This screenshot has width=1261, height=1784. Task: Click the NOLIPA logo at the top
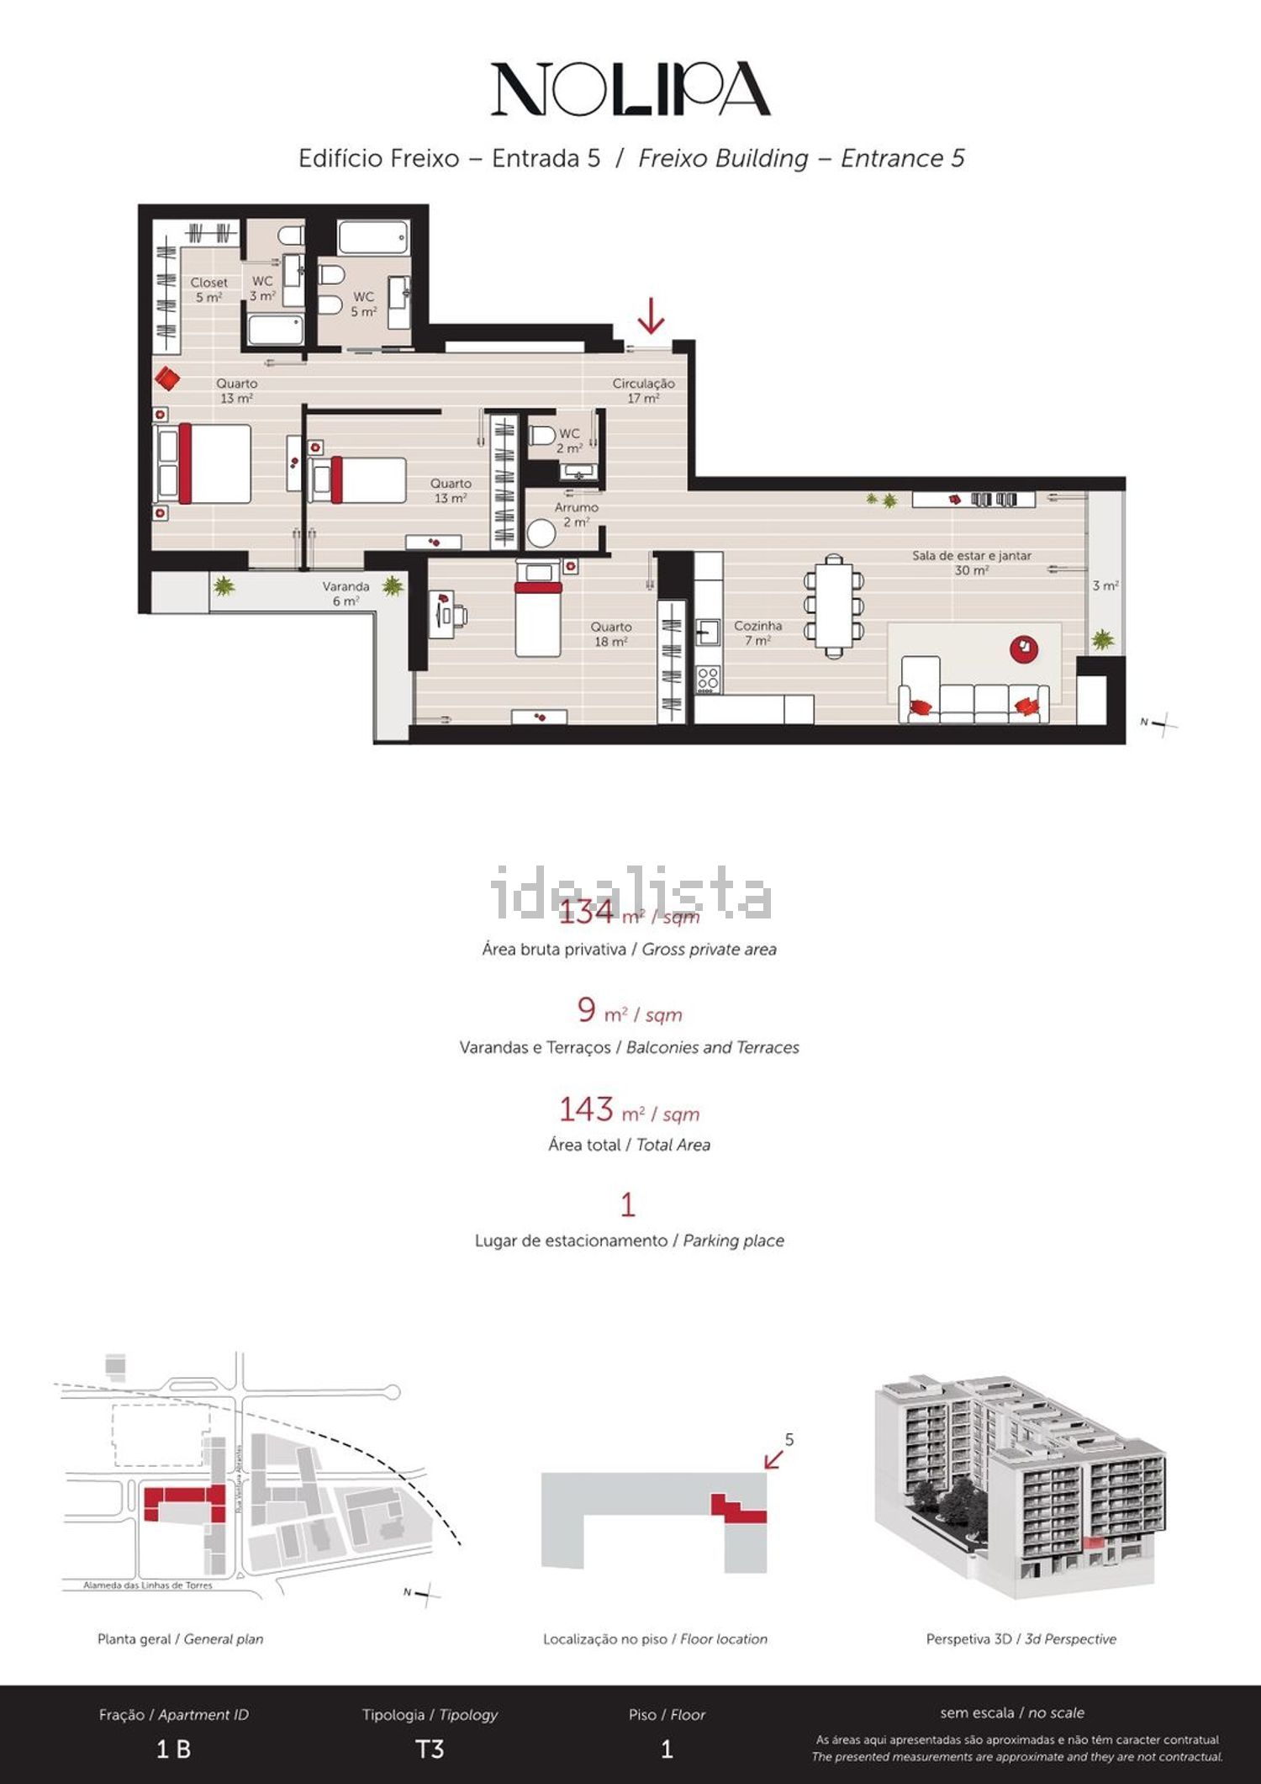pos(630,88)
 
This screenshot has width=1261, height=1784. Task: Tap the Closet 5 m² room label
pos(208,289)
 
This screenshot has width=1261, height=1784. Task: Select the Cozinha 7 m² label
pos(757,633)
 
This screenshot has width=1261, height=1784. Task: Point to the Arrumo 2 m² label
pos(576,514)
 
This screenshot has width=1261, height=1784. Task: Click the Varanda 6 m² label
pos(346,593)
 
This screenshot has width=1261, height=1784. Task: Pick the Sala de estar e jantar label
pos(971,562)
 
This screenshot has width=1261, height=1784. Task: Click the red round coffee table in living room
pos(1024,648)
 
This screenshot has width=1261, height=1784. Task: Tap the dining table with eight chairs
pos(833,605)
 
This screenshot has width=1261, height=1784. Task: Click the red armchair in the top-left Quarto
pos(167,379)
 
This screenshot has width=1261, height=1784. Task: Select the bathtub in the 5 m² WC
pos(373,238)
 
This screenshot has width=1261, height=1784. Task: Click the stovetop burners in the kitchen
pos(708,679)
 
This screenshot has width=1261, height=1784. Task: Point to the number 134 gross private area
pos(586,913)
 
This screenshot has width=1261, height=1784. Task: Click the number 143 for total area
pos(586,1109)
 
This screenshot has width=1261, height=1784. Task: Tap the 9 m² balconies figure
pos(587,1010)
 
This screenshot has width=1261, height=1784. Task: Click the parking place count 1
pos(628,1205)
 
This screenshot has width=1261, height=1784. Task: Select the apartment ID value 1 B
pos(173,1750)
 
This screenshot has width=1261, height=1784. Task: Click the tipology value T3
pos(430,1750)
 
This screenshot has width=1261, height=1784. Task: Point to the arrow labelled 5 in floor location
pos(774,1458)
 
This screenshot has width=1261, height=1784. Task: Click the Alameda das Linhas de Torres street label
pos(148,1585)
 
